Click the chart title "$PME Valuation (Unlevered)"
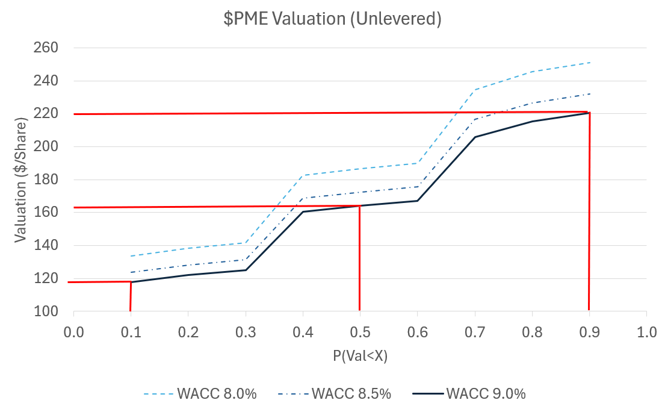[x=333, y=19]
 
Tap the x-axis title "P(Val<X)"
[x=360, y=357]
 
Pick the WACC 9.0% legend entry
[x=469, y=394]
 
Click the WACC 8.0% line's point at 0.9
[x=589, y=63]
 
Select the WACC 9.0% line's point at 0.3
[x=246, y=270]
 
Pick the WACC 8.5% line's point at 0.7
[x=475, y=120]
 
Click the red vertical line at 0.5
[x=359, y=259]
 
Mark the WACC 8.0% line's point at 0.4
[x=303, y=175]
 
